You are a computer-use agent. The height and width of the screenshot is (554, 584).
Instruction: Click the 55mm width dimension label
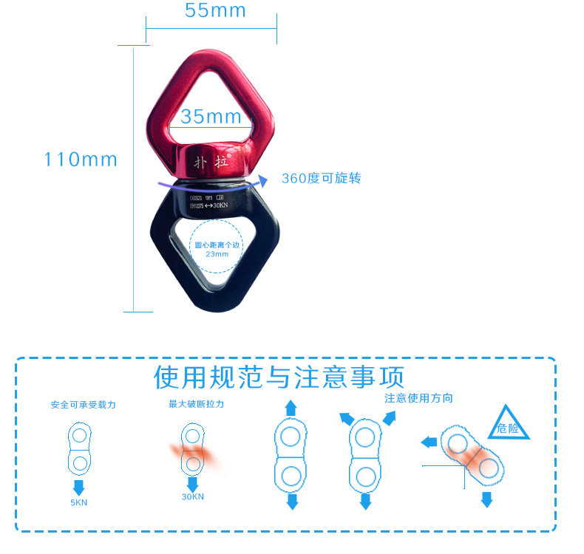[x=215, y=10]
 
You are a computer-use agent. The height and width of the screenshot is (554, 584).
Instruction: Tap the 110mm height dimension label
[x=81, y=160]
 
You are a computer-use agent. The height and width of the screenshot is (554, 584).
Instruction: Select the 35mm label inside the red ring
[x=211, y=116]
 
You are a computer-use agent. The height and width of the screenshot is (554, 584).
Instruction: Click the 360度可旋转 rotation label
[x=321, y=179]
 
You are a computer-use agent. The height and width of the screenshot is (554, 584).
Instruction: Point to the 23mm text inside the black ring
[x=217, y=254]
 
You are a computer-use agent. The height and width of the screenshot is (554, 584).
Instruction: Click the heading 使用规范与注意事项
[x=279, y=377]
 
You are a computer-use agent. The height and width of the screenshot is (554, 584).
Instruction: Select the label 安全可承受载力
[x=83, y=405]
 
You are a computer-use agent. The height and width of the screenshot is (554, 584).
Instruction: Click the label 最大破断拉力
[x=196, y=404]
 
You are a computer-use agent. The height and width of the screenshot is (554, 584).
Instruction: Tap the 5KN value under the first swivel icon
[x=78, y=504]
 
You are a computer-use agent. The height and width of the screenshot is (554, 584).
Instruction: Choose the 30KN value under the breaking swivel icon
[x=192, y=497]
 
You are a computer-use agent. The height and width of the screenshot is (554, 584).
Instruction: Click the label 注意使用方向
[x=418, y=398]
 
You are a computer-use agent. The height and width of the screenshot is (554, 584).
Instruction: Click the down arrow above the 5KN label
[x=78, y=487]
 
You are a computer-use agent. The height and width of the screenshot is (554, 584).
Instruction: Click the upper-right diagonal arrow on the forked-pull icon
[x=389, y=417]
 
